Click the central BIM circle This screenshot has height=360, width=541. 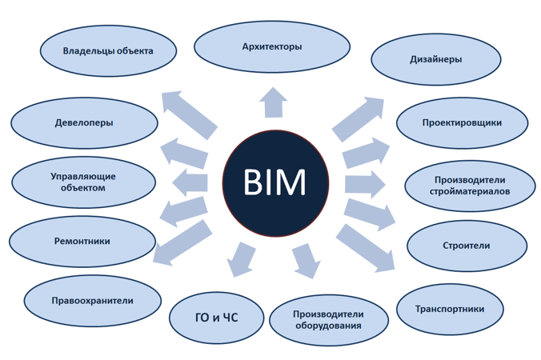[275, 183]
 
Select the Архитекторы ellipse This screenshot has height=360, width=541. [272, 47]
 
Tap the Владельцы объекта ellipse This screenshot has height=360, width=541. [108, 51]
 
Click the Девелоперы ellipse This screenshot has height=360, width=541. [84, 123]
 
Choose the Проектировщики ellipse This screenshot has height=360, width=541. [462, 123]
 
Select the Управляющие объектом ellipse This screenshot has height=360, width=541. [83, 182]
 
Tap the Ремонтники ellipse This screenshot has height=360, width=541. [82, 241]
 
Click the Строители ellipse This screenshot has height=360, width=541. [466, 246]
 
